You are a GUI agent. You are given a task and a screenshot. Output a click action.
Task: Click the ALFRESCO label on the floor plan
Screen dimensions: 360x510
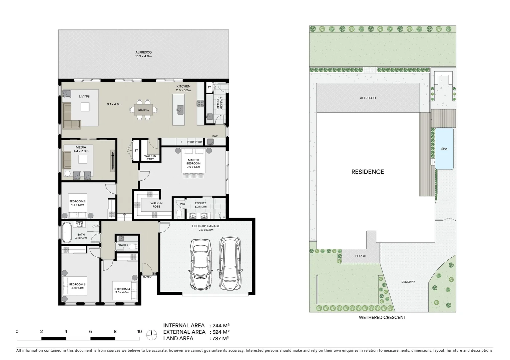coord(143,52)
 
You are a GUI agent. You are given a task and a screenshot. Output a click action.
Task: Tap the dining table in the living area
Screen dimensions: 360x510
coord(143,110)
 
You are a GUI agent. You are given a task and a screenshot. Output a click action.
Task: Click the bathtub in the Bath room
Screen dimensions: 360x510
coord(66,232)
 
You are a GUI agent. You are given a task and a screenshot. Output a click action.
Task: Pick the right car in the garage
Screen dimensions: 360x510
coord(230,263)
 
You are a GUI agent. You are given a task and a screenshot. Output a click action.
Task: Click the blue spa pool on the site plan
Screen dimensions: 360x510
coord(444,149)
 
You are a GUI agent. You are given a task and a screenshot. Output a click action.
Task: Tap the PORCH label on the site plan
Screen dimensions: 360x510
coord(361,256)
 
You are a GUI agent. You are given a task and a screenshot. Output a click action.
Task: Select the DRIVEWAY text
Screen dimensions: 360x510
coord(408,282)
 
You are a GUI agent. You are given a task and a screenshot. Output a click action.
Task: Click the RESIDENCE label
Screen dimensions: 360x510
coord(368,172)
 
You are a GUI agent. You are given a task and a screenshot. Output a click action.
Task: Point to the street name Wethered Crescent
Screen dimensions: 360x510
coord(382,318)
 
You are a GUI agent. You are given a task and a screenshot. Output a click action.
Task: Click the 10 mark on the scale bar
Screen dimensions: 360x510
coord(139,332)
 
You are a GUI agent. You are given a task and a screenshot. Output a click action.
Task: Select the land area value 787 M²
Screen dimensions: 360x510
coord(220,339)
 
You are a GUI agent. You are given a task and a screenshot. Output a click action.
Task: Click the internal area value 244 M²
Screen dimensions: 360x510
coord(220,326)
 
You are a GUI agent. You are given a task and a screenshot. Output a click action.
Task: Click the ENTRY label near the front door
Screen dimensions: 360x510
coord(147,277)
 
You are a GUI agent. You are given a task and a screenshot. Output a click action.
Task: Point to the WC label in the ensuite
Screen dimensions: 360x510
coord(182,204)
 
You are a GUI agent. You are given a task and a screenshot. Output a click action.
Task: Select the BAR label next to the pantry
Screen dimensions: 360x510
coord(215,136)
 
